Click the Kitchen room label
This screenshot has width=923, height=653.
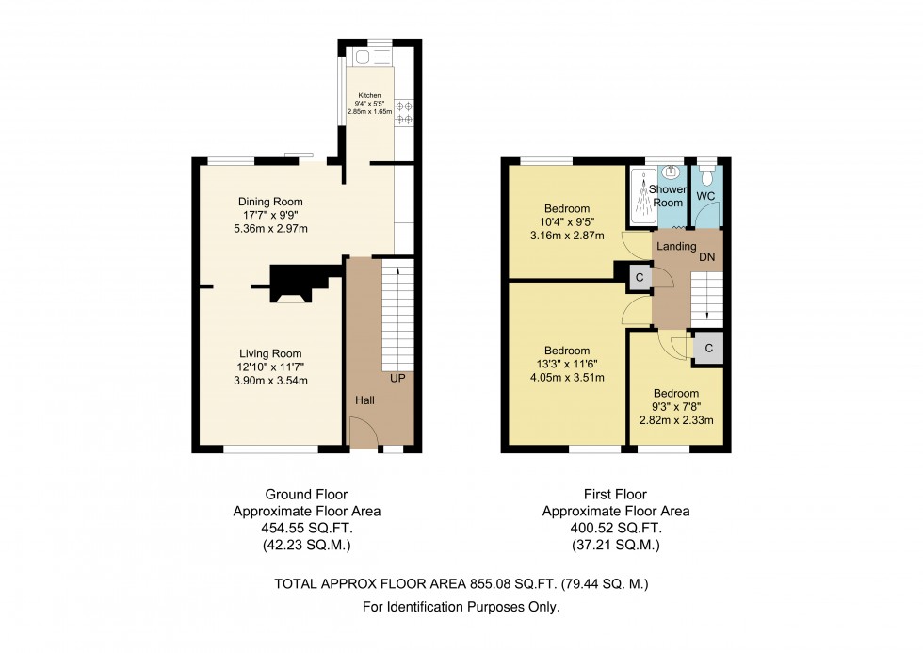pos(366,95)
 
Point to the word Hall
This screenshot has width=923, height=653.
pos(365,400)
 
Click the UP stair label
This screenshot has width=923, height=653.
pos(397,379)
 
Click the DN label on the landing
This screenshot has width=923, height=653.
pos(706,256)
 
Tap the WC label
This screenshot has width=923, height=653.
pos(705,196)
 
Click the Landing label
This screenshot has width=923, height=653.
pos(676,246)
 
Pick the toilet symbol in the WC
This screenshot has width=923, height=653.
pos(706,175)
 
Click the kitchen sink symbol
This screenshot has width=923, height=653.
pos(364,57)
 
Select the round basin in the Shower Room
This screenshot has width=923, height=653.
pos(672,171)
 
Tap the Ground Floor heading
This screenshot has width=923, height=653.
pos(306,494)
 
